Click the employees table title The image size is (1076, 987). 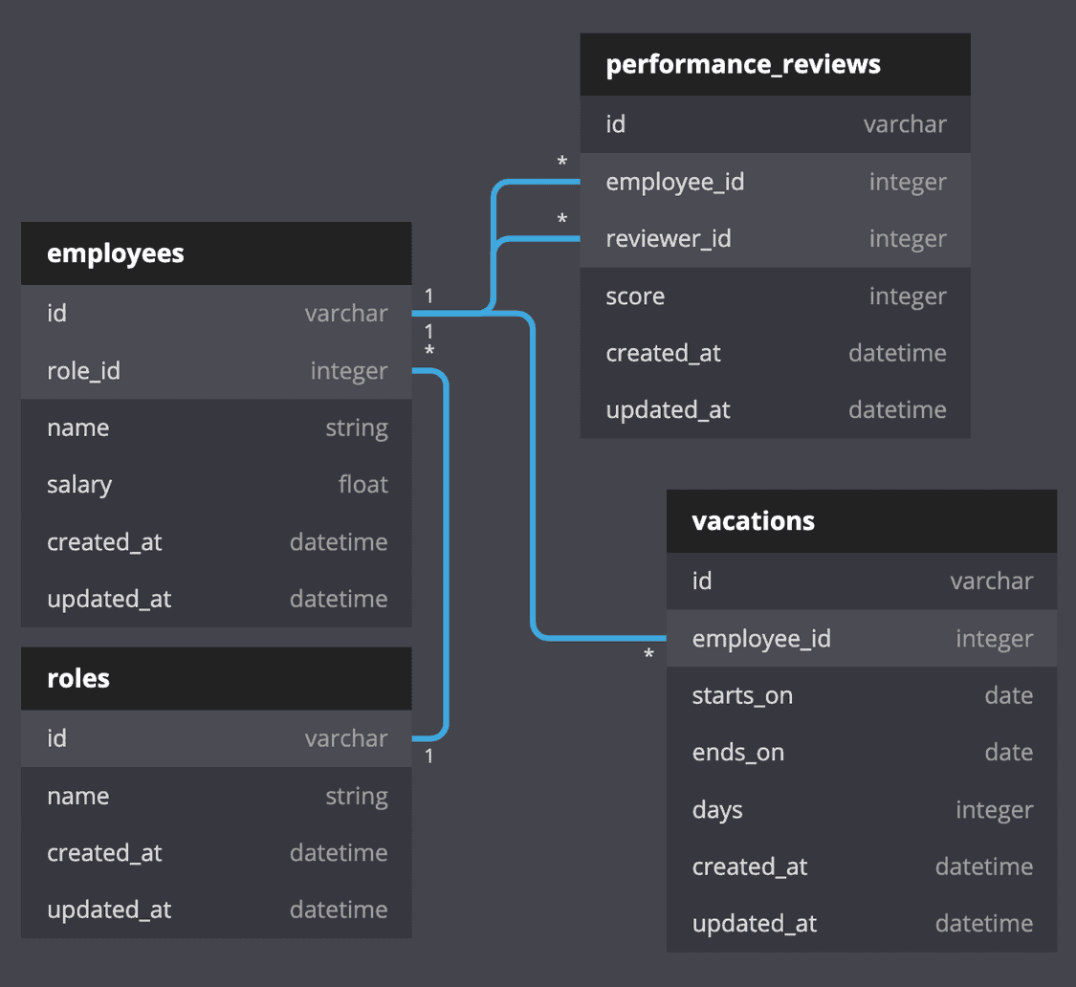point(116,253)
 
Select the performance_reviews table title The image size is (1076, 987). point(743,65)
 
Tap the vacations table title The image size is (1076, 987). point(753,521)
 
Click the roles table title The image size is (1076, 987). point(78,679)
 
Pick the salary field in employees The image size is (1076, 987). point(79,485)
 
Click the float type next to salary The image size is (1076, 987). point(362,485)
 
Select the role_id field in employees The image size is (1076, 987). point(83,371)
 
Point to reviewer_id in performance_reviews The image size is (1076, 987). point(668,239)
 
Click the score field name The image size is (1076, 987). point(635,296)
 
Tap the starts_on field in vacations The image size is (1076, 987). point(742,696)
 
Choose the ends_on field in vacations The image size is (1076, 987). point(737,753)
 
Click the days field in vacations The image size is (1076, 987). point(717,810)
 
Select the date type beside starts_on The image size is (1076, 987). point(1008,696)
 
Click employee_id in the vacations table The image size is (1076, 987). point(761,639)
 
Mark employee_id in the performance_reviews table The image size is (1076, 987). point(674,182)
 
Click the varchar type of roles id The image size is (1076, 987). point(346,738)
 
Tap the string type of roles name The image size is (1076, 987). point(356,797)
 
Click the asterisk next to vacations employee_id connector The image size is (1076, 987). point(648,656)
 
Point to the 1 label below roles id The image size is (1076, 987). point(429,757)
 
